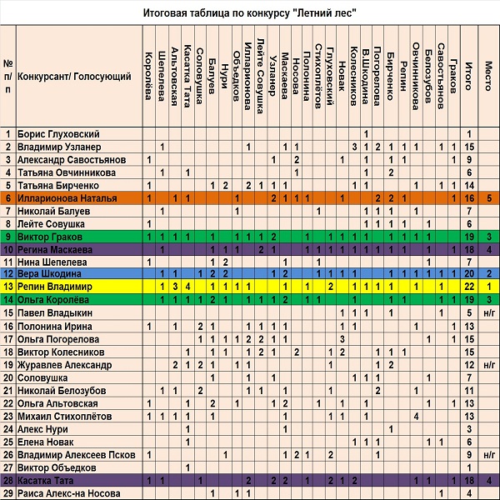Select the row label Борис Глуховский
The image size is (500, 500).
pos(58,134)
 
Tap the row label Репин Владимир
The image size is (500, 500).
pos(54,287)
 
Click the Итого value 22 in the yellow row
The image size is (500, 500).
pos(469,287)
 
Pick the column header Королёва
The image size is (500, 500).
pos(148,76)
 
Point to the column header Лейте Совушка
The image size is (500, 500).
pos(261,76)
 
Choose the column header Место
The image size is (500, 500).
pos(488,76)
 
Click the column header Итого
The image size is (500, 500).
pos(468,76)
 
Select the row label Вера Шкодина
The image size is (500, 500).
pos(49,273)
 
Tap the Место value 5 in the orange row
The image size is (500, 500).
pos(489,198)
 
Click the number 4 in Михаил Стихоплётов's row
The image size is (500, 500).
pos(416,416)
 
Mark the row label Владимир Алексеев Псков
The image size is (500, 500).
pos(76,455)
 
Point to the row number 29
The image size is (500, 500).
pos(8,493)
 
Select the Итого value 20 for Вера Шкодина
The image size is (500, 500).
pos(469,273)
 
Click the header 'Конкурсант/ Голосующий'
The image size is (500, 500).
pos(74,77)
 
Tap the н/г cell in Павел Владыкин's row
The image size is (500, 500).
pos(489,313)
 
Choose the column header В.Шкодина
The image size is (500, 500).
pos(366,76)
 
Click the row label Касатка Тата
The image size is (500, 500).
pos(45,480)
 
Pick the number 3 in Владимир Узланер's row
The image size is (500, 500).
pos(354,147)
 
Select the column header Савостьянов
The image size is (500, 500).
pos(441,76)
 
